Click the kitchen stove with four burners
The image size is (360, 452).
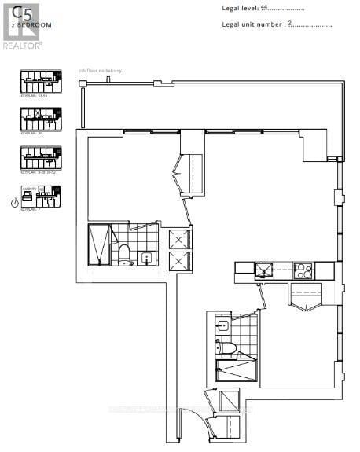click(x=303, y=271)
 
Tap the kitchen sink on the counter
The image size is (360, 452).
click(x=261, y=271)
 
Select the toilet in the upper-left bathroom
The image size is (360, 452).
click(x=123, y=253)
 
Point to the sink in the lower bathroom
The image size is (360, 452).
click(x=222, y=325)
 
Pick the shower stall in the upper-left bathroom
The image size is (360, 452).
click(x=99, y=245)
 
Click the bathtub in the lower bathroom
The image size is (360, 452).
click(x=236, y=373)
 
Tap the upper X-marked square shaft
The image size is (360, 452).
click(x=178, y=240)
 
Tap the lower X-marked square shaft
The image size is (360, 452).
click(x=178, y=263)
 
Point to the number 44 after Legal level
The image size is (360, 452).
click(x=263, y=7)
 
